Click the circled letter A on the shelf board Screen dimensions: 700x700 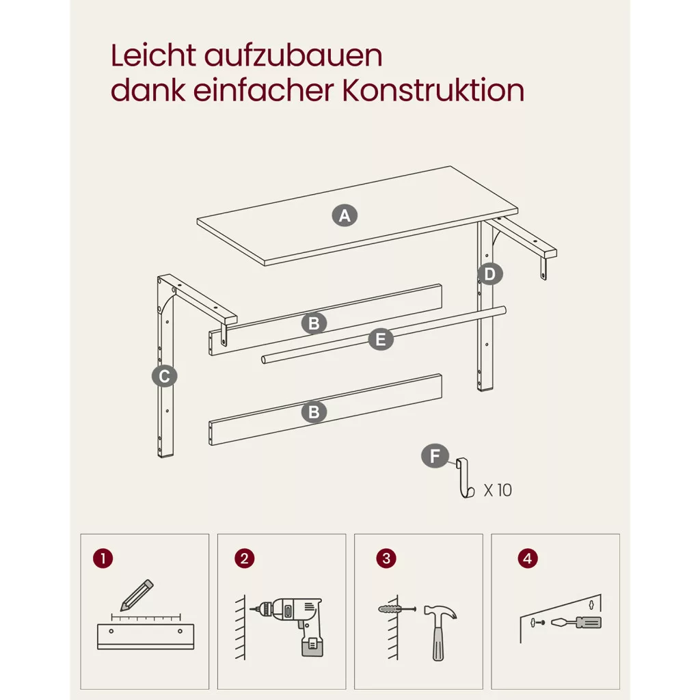point(345,215)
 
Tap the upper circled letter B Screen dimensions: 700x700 point(314,323)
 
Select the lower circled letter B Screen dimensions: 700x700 point(314,412)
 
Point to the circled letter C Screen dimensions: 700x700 point(164,376)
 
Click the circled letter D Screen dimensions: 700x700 point(489,273)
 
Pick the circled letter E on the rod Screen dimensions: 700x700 point(381,339)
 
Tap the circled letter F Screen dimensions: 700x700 point(435,456)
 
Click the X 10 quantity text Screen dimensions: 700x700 point(498,490)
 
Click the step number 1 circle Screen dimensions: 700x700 point(103,558)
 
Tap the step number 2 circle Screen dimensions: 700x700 point(244,558)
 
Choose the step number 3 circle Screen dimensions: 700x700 point(386,558)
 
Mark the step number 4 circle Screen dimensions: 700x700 point(528,558)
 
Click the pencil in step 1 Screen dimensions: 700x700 point(137,595)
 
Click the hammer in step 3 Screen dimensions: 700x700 point(440,632)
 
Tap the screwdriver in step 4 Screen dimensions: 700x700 point(576,622)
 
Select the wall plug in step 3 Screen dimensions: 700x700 point(397,609)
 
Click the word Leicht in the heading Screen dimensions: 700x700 point(153,56)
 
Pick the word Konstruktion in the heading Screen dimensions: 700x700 point(433,91)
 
